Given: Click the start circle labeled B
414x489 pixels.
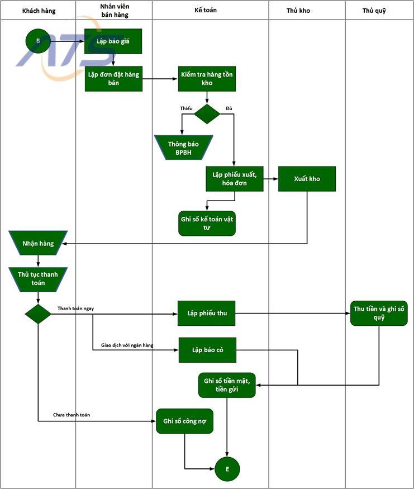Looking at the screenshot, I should [x=38, y=41].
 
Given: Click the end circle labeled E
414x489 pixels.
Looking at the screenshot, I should [x=227, y=468].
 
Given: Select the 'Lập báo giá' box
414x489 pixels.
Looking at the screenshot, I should [x=113, y=41].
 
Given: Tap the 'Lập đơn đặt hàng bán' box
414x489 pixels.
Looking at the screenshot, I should [x=113, y=79].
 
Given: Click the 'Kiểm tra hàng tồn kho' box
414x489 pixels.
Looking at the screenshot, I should [x=207, y=79].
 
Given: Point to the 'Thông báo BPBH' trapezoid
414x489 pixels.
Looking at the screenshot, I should [x=183, y=148].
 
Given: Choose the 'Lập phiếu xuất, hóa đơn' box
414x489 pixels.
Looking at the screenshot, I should [x=235, y=179].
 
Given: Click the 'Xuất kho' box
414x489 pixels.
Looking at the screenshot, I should [x=307, y=179].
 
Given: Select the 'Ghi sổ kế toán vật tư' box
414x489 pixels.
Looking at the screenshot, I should [x=207, y=223].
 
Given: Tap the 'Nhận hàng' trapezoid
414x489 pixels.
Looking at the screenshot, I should [x=38, y=244].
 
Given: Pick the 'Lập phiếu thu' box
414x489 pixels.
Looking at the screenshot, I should [x=207, y=314].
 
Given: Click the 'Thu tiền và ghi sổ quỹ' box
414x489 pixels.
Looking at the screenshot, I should [x=379, y=314].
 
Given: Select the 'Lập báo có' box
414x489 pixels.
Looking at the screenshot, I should [x=207, y=350].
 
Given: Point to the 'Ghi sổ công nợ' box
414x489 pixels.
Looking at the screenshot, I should [x=184, y=421].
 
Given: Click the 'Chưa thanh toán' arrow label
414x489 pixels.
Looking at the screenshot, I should [x=72, y=415].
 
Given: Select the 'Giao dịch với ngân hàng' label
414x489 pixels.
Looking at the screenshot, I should [x=127, y=345].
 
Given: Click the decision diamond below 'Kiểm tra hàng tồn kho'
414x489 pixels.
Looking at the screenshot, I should [x=207, y=113].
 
